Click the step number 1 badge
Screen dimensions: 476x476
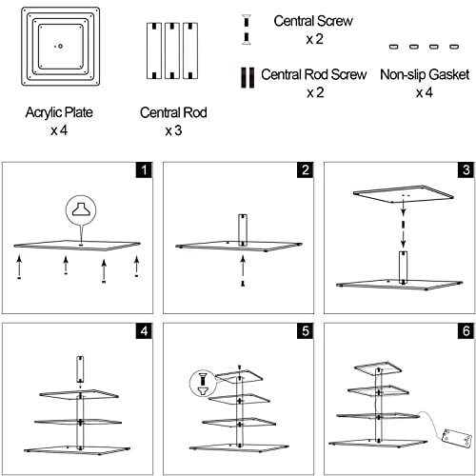point(144,169)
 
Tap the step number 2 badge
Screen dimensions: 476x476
point(305,169)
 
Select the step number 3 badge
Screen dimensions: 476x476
point(466,169)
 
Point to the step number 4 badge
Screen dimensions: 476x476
point(144,331)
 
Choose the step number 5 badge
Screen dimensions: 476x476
point(305,331)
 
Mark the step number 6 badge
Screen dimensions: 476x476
point(466,331)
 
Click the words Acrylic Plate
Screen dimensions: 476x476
point(59,112)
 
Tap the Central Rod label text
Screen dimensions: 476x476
point(173,112)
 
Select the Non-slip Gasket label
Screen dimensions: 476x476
point(425,74)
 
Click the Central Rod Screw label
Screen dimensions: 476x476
point(314,74)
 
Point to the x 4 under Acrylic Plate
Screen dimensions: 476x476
point(59,130)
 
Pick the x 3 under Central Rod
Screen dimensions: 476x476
point(173,130)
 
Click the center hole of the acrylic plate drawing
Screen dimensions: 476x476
point(60,47)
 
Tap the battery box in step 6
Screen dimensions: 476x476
point(455,439)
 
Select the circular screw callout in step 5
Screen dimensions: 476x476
point(202,384)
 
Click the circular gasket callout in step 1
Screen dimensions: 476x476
point(81,210)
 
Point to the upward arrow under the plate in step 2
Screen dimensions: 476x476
point(243,266)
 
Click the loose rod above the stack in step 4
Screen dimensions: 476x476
point(80,369)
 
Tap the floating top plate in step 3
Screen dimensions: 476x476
point(404,193)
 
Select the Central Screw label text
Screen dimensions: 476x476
point(313,21)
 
